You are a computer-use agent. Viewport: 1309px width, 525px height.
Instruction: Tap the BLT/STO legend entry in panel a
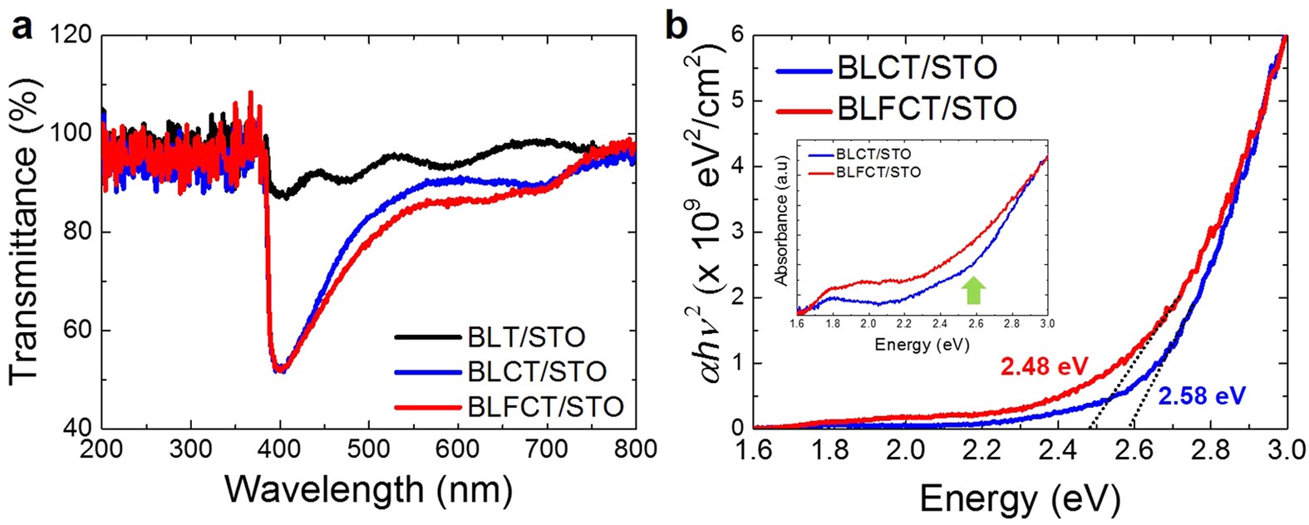click(x=513, y=337)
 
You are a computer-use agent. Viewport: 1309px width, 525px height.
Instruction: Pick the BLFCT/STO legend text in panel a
click(x=544, y=406)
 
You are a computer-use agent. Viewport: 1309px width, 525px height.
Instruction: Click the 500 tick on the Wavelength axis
click(x=369, y=449)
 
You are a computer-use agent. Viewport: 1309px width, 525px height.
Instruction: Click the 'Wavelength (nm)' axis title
click(x=368, y=490)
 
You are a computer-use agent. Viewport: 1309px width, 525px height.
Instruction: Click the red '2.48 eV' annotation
click(x=1044, y=366)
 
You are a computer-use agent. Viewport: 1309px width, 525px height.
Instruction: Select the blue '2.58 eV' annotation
click(x=1202, y=395)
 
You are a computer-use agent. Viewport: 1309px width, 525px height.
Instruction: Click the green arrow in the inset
click(x=974, y=290)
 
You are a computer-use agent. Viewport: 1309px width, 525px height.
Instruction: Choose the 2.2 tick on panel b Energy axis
click(x=982, y=449)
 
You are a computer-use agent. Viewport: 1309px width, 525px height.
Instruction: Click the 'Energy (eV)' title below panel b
click(x=1020, y=499)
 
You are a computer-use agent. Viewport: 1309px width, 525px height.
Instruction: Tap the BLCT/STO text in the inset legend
click(x=873, y=155)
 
